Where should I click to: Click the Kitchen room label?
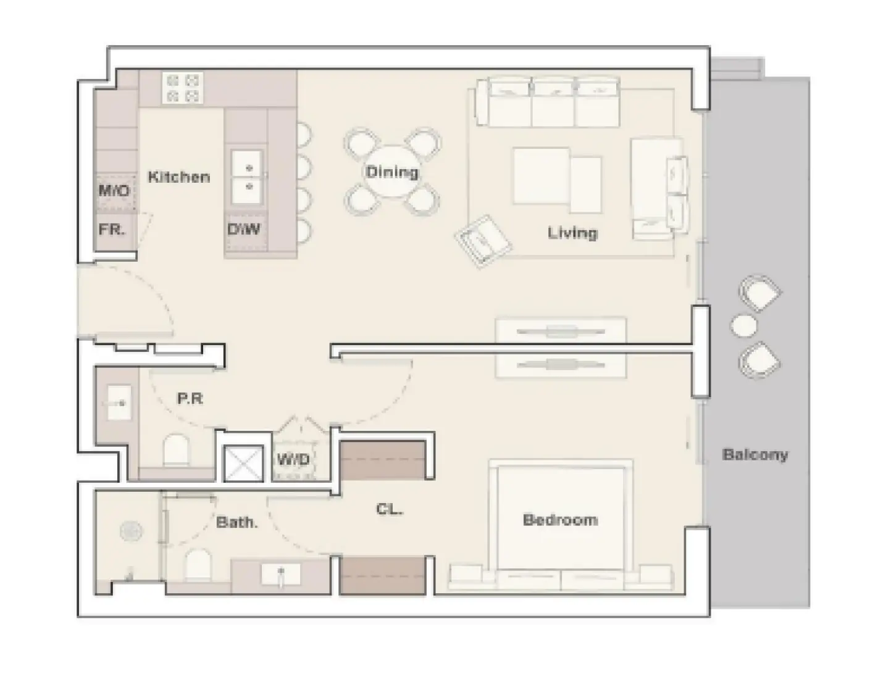click(x=178, y=177)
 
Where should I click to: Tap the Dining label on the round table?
click(x=391, y=172)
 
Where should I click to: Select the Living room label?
click(x=572, y=233)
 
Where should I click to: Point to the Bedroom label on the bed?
click(x=560, y=520)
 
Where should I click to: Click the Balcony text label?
click(x=755, y=455)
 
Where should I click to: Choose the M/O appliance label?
click(x=114, y=191)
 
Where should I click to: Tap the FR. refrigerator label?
click(x=112, y=230)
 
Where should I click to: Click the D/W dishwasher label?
click(x=243, y=230)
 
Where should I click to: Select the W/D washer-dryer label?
click(x=293, y=460)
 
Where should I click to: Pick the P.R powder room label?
click(x=190, y=399)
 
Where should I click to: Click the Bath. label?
click(x=236, y=523)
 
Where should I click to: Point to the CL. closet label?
click(x=389, y=510)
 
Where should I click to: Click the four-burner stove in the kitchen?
click(x=183, y=88)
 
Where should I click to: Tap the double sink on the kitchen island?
click(x=247, y=177)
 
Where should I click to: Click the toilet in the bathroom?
click(x=198, y=565)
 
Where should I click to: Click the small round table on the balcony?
click(x=743, y=325)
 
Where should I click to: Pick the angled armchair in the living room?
click(x=483, y=240)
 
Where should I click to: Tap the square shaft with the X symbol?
click(x=237, y=463)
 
